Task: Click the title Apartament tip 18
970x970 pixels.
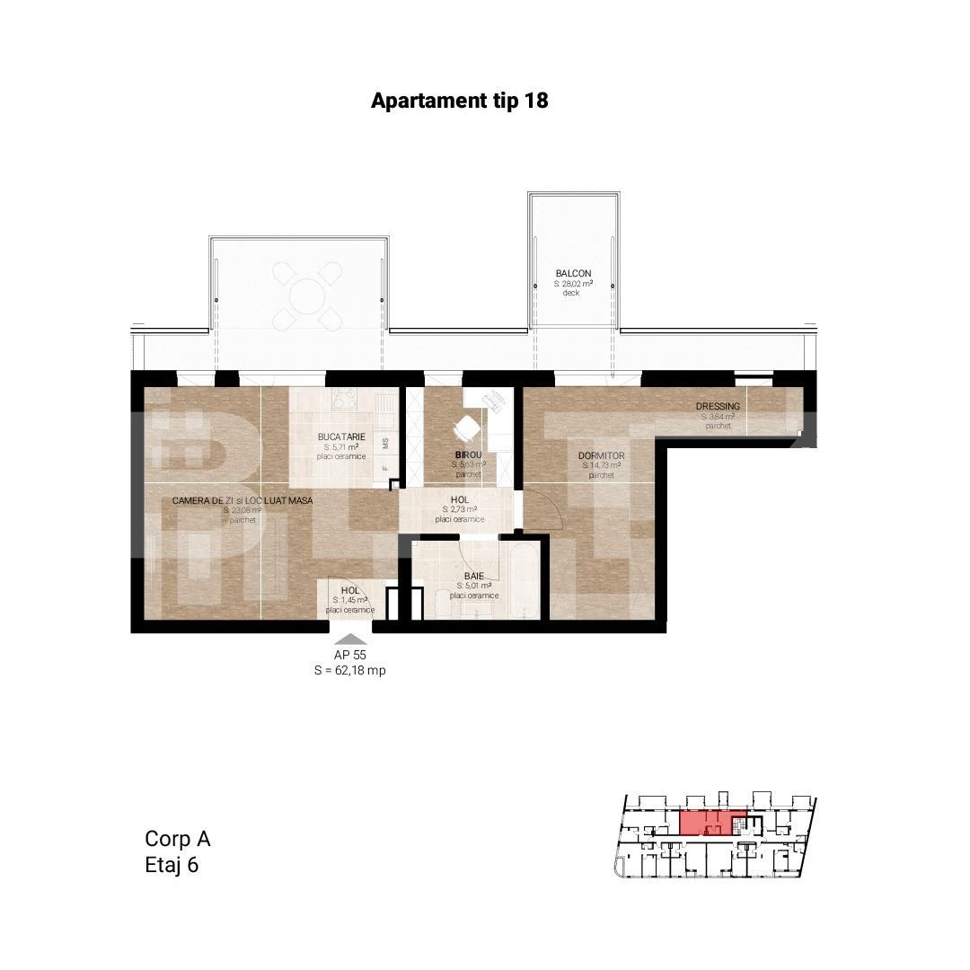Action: point(459,101)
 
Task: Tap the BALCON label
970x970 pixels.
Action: point(573,274)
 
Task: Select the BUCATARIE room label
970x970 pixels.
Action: point(339,437)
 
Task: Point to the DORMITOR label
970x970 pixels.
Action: point(602,456)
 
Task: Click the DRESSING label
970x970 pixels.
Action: point(718,407)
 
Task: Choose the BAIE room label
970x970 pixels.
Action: point(474,576)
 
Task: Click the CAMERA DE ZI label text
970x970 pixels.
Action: point(242,500)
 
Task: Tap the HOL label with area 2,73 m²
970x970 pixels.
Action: point(459,500)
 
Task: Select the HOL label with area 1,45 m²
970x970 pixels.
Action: point(349,591)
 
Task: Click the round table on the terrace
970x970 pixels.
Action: point(307,295)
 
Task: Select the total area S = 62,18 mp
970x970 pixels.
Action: point(349,671)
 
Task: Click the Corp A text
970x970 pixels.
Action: point(177,839)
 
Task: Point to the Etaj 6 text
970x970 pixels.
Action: point(171,866)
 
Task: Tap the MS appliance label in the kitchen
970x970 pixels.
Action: point(385,444)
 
